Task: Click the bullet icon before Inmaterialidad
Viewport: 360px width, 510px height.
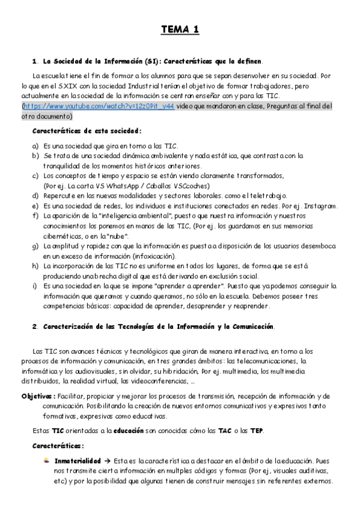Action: (46, 461)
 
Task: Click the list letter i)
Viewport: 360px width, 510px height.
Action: (35, 286)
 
